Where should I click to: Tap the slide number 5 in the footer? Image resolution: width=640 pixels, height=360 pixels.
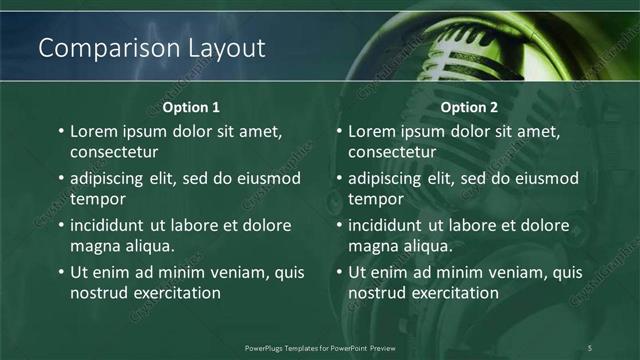coord(590,347)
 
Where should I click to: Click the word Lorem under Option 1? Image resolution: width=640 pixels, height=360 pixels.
coord(95,131)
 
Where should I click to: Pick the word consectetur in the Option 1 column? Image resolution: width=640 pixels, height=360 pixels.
coord(114,152)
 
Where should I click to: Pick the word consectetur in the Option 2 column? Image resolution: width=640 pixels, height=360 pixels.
coord(392,152)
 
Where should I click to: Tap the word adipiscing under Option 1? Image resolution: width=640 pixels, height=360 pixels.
coord(111,178)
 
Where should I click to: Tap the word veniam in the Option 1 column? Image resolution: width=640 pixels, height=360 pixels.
coord(229,272)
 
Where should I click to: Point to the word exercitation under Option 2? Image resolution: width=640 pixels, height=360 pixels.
coord(449,292)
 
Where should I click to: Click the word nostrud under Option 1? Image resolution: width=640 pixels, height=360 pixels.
coord(97,292)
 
